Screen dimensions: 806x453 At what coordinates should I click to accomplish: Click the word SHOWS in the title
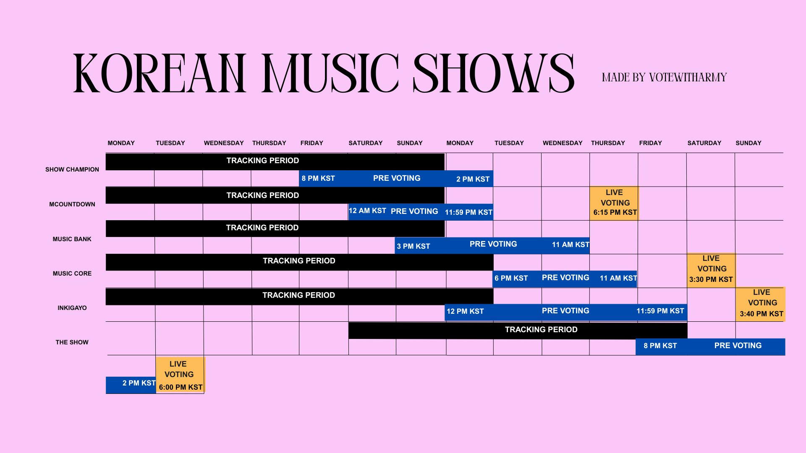[494, 73]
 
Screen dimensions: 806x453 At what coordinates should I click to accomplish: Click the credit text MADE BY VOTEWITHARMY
[664, 78]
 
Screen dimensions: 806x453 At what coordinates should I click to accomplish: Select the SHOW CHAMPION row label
[72, 169]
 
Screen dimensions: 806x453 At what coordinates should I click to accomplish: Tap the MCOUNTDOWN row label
[72, 204]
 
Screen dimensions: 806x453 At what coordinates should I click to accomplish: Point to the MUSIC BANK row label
[72, 239]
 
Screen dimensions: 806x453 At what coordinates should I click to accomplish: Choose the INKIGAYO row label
[72, 308]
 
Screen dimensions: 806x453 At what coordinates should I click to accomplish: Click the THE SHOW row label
[72, 342]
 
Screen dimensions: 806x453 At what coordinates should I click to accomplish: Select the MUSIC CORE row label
[72, 273]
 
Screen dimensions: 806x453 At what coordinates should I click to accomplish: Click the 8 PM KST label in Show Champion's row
[318, 179]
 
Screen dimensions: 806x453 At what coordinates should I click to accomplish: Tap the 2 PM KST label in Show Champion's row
[473, 179]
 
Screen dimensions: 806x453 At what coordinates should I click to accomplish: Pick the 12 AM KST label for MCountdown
[367, 211]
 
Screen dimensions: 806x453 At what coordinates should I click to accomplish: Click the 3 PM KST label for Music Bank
[413, 246]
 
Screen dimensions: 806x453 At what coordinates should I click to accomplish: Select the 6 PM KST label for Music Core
[511, 278]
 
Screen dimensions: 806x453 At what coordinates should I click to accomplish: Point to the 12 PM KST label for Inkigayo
[465, 311]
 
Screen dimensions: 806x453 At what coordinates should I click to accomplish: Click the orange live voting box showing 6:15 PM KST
[614, 203]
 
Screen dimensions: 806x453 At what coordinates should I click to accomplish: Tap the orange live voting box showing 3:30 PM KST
[711, 271]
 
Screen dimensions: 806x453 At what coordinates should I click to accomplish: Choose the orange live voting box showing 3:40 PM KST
[760, 305]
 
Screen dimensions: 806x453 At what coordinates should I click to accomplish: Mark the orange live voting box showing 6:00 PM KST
[180, 375]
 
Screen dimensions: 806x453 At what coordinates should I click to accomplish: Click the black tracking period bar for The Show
[518, 330]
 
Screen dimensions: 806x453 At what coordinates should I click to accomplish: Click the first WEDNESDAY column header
[224, 143]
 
